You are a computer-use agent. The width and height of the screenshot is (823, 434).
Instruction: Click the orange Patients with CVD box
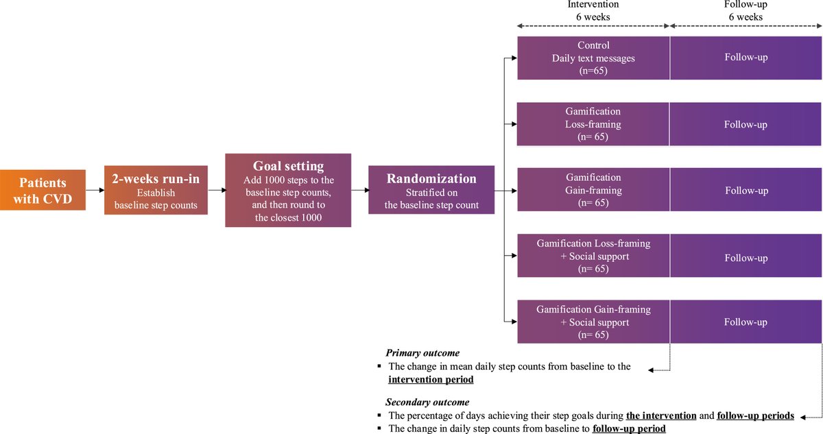[43, 190]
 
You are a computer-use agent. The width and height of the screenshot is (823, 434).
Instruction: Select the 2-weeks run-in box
[155, 190]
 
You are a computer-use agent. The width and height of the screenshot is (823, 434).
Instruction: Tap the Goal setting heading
[288, 166]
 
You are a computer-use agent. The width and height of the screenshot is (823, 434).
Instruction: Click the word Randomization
[431, 178]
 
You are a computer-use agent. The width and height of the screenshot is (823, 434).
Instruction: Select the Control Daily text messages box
[593, 58]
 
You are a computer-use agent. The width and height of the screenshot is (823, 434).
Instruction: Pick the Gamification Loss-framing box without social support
[593, 124]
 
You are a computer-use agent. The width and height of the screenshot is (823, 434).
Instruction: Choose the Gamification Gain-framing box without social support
[593, 191]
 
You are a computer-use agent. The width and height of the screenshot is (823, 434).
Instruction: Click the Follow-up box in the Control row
[746, 58]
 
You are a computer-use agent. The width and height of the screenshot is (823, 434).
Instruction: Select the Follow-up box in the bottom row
[746, 322]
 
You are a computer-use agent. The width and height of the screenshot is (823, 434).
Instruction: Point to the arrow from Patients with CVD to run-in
[95, 191]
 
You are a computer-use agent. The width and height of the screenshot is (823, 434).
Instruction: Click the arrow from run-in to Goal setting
[216, 191]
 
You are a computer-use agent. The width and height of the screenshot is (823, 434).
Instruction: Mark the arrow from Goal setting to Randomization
[359, 191]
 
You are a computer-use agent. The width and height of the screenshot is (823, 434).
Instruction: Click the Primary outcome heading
[422, 353]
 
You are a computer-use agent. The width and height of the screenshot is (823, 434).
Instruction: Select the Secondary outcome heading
[428, 402]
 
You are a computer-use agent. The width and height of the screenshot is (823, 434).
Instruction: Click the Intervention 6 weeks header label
[593, 10]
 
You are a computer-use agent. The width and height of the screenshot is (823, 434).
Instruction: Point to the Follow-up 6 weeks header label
[746, 10]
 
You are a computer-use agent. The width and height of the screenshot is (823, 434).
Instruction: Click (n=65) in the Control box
[593, 71]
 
